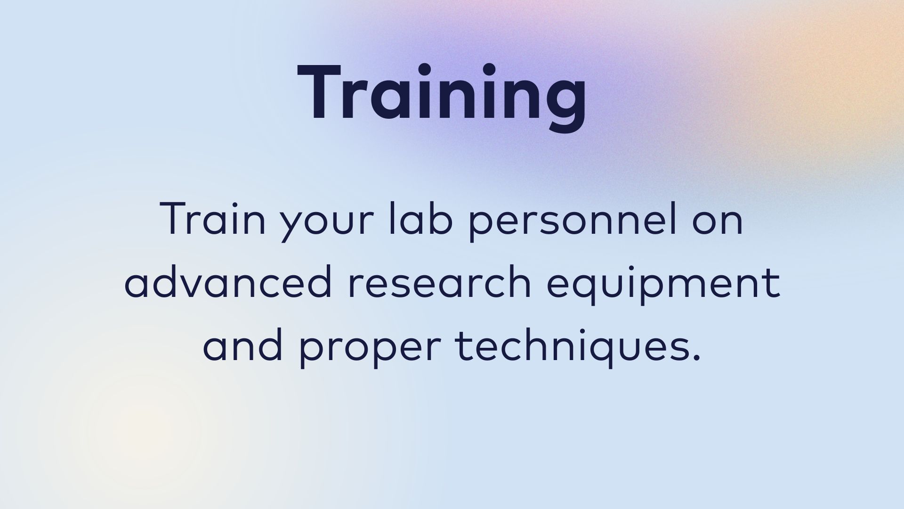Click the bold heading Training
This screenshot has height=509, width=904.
tap(442, 97)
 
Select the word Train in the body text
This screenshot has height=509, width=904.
tap(213, 219)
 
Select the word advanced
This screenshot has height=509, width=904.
tap(228, 281)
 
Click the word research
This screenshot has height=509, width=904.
tap(440, 281)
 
